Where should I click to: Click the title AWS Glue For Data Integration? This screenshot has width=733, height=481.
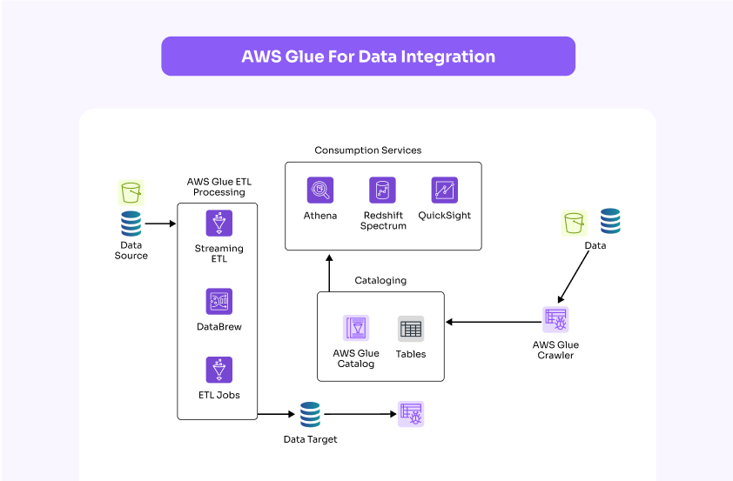[x=368, y=57]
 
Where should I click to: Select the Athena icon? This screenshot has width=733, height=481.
[x=320, y=190]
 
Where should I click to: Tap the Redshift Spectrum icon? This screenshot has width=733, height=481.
[x=382, y=190]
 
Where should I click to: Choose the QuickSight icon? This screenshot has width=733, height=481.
[x=444, y=190]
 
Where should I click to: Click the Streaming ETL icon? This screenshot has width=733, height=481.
[x=219, y=223]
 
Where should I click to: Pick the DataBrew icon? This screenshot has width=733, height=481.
[x=219, y=301]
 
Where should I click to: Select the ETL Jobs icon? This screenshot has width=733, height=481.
[x=219, y=370]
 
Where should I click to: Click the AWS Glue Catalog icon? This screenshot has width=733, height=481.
[x=355, y=328]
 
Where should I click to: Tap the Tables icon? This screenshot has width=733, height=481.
[x=411, y=329]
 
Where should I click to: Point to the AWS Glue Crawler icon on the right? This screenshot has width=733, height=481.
[x=555, y=319]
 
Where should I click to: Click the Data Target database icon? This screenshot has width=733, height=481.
[x=310, y=414]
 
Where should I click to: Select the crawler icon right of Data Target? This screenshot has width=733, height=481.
[x=411, y=414]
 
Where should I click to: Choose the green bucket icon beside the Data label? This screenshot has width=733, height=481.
[x=575, y=223]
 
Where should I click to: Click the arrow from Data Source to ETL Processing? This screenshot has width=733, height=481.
[x=160, y=224]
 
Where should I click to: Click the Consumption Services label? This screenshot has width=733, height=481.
[x=367, y=150]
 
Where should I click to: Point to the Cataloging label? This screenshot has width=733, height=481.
[x=380, y=281]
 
